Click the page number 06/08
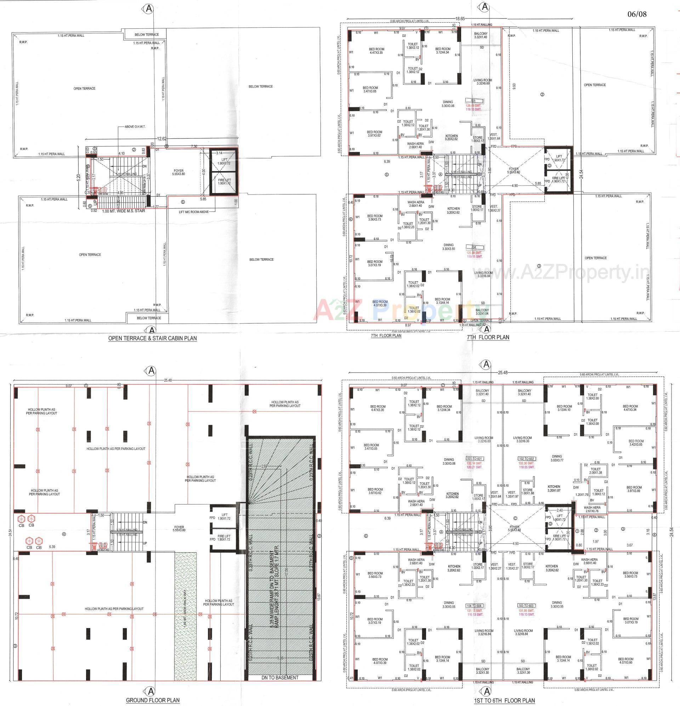[637, 14]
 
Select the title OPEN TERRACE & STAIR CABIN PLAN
[152, 338]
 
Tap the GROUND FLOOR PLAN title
[153, 700]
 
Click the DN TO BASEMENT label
[280, 677]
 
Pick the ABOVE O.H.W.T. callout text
[135, 127]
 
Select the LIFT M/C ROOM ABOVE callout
[194, 212]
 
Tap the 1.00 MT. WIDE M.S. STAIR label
[124, 211]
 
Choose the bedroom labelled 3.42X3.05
[636, 443]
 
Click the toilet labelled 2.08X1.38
[595, 471]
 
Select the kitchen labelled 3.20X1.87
[554, 488]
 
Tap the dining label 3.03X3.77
[557, 458]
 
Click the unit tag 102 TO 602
[527, 458]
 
